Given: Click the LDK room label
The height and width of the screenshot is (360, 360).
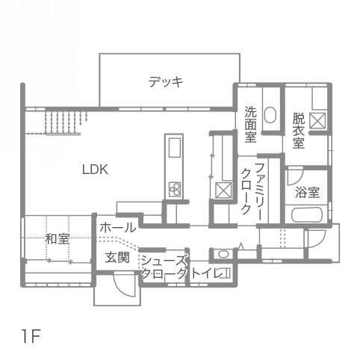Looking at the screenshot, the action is [x=95, y=170].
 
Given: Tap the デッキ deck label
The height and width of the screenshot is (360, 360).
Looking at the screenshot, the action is [x=166, y=81].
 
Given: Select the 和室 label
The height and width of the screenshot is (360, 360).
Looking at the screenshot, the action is [x=58, y=239].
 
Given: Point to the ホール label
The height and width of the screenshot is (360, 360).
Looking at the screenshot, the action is [x=118, y=228].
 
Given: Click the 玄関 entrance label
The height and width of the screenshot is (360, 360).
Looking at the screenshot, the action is [x=117, y=258].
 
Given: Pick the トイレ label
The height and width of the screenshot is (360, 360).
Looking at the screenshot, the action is [x=206, y=273].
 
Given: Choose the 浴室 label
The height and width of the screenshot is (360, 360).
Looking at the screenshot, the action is [x=308, y=192].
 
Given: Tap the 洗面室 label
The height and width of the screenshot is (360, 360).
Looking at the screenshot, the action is [x=250, y=124].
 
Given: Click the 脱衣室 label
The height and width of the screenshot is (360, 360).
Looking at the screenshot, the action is [x=299, y=131].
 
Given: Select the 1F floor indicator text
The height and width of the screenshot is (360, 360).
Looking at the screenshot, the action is [x=31, y=336].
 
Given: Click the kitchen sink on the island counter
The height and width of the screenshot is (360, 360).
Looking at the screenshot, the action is [x=175, y=147].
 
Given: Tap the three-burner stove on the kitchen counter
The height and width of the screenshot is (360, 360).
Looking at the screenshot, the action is [x=175, y=189].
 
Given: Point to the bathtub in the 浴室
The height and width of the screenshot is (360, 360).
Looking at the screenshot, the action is [x=307, y=215].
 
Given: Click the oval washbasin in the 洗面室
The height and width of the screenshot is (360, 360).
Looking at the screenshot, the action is [x=270, y=115].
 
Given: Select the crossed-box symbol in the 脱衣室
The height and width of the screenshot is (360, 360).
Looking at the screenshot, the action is [x=317, y=120].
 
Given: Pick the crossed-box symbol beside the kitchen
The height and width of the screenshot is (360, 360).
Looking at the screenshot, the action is [x=223, y=190].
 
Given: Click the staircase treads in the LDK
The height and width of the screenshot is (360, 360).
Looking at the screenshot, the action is [x=66, y=122].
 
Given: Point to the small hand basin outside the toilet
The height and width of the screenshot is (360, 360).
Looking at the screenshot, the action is [x=223, y=254].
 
